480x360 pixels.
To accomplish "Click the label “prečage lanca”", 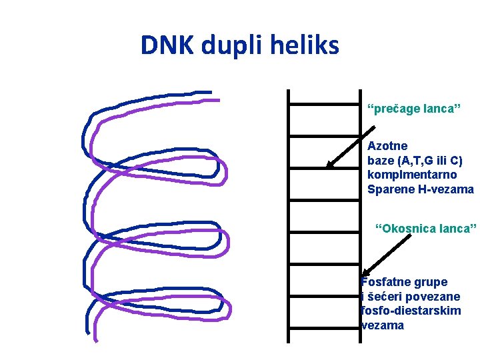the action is pyautogui.click(x=414, y=108).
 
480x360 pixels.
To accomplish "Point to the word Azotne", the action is pyautogui.click(x=387, y=145).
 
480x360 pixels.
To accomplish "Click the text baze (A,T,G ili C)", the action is pyautogui.click(x=415, y=160).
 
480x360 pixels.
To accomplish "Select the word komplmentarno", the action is pyautogui.click(x=412, y=175).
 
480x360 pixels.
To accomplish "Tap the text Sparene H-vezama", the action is pyautogui.click(x=420, y=189).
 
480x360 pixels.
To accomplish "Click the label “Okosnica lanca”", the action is pyautogui.click(x=425, y=229).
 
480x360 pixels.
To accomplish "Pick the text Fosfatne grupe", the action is pyautogui.click(x=404, y=282).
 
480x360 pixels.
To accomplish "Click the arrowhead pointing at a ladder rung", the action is pyautogui.click(x=329, y=165).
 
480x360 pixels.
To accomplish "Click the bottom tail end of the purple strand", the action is pyautogui.click(x=96, y=340).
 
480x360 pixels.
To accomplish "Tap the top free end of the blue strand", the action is pyautogui.click(x=209, y=92).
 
